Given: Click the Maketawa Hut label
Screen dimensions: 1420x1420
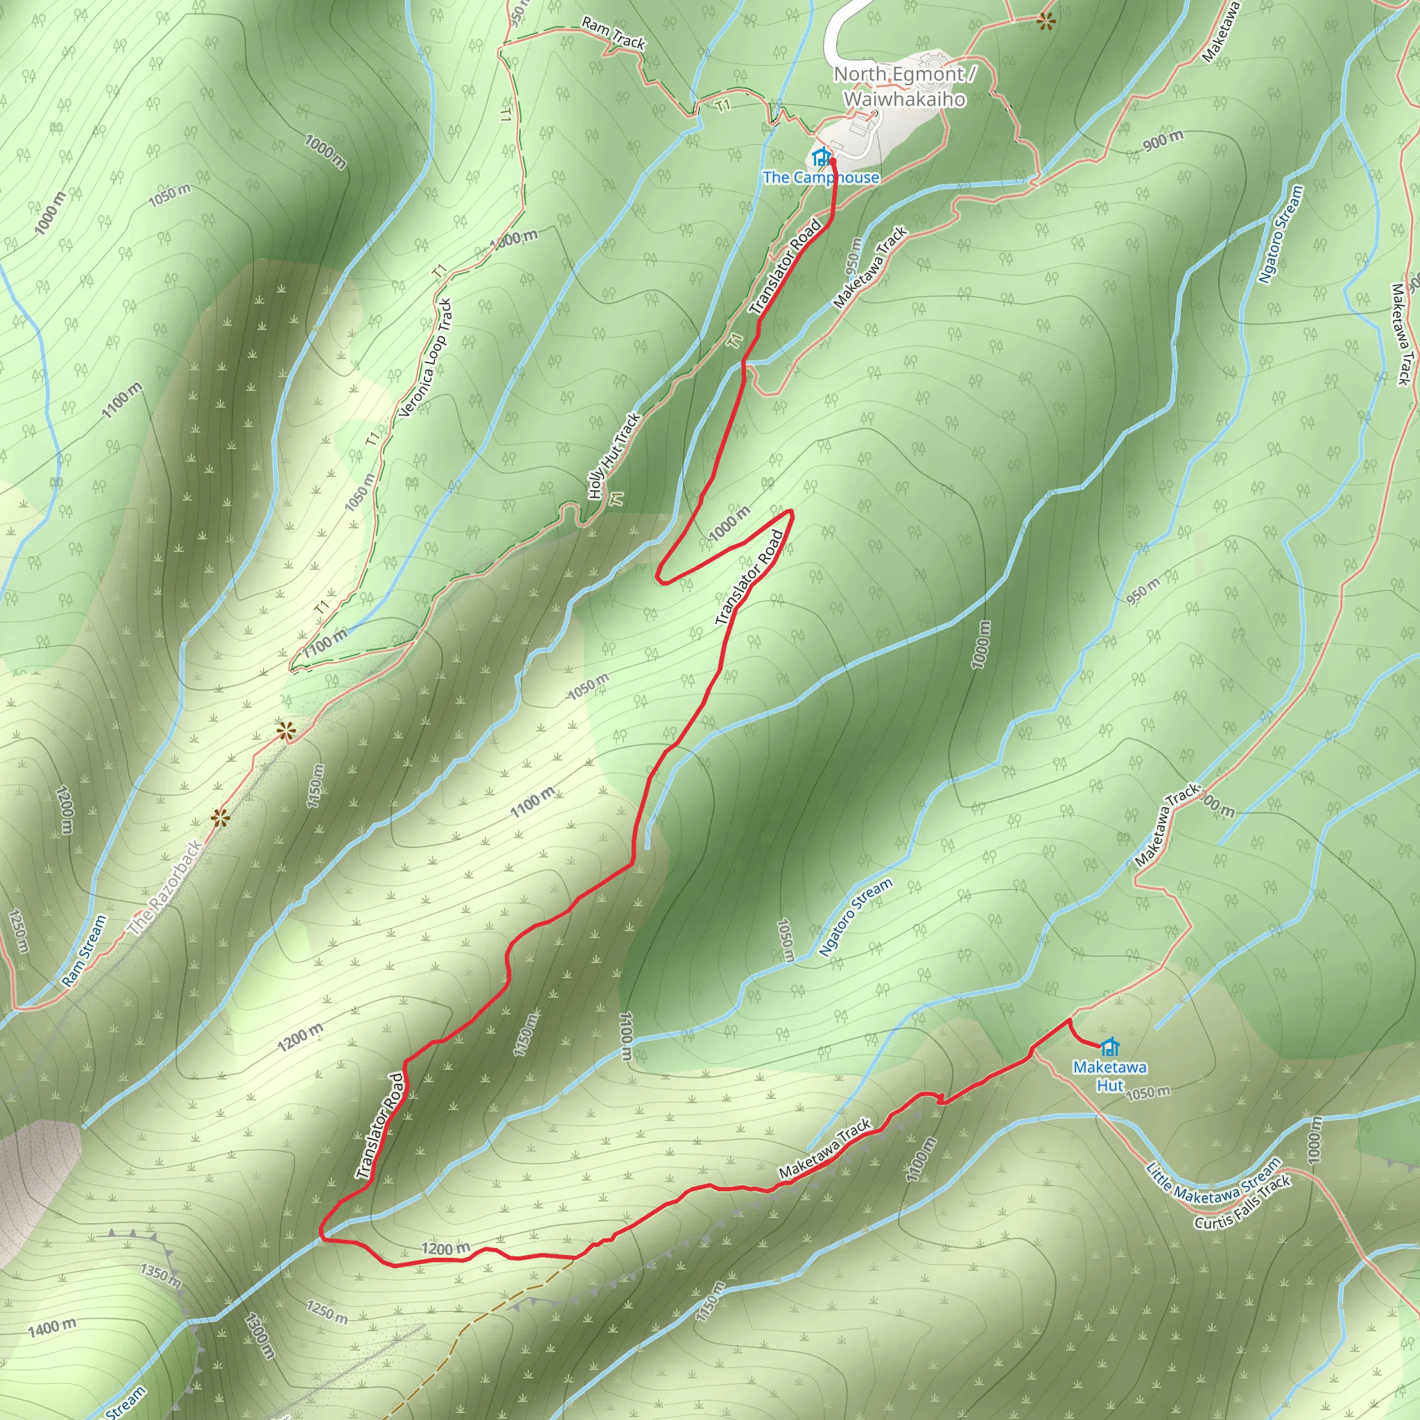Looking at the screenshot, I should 1110,1076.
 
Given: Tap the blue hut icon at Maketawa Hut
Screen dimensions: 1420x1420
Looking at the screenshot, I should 1110,1046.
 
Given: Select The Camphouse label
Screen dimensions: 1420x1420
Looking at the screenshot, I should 820,178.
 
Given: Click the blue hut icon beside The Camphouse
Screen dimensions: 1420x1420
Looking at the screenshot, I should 821,157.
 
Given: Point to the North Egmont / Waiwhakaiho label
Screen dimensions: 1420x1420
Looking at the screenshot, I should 905,86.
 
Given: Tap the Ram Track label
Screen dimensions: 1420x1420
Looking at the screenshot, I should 613,34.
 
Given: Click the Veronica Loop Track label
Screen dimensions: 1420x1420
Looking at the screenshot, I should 426,358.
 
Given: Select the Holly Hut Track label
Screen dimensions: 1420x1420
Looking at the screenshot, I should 614,456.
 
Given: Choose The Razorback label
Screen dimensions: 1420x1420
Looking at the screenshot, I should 166,889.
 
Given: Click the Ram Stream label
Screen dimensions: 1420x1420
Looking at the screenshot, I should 85,951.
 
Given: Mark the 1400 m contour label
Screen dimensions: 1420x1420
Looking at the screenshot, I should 51,1327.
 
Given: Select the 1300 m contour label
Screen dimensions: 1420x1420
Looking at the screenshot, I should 259,1336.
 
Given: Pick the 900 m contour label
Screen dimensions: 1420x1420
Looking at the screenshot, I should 1163,140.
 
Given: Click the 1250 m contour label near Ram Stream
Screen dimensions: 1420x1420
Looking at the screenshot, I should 19,931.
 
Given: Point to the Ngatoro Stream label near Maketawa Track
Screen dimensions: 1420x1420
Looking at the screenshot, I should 856,917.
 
